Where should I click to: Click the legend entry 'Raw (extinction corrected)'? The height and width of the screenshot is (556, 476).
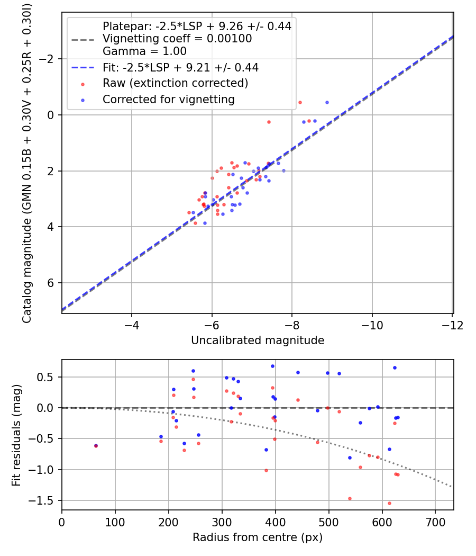pyautogui.click(x=175, y=83)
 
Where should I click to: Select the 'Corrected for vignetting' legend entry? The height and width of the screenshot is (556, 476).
pyautogui.click(x=169, y=99)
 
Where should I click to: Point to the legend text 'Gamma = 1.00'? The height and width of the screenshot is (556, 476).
pyautogui.click(x=144, y=51)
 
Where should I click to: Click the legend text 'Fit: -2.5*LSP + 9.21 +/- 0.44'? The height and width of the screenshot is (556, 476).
pyautogui.click(x=180, y=67)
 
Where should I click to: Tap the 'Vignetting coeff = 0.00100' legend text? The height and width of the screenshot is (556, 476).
pyautogui.click(x=177, y=39)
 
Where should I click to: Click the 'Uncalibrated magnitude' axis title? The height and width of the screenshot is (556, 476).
pyautogui.click(x=258, y=340)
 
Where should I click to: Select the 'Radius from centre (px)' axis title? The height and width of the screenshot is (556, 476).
pyautogui.click(x=258, y=537)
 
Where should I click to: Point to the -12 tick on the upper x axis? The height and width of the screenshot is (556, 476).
pyautogui.click(x=453, y=325)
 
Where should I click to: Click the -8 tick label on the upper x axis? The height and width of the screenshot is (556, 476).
pyautogui.click(x=292, y=325)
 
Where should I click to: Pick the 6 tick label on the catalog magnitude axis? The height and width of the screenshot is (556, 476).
pyautogui.click(x=51, y=283)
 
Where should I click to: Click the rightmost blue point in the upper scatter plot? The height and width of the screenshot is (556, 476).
pyautogui.click(x=327, y=102)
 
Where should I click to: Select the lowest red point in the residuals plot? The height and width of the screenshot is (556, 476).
pyautogui.click(x=389, y=503)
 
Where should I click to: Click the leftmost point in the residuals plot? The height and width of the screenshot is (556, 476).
pyautogui.click(x=96, y=446)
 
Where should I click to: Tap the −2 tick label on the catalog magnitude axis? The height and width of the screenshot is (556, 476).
pyautogui.click(x=48, y=59)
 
